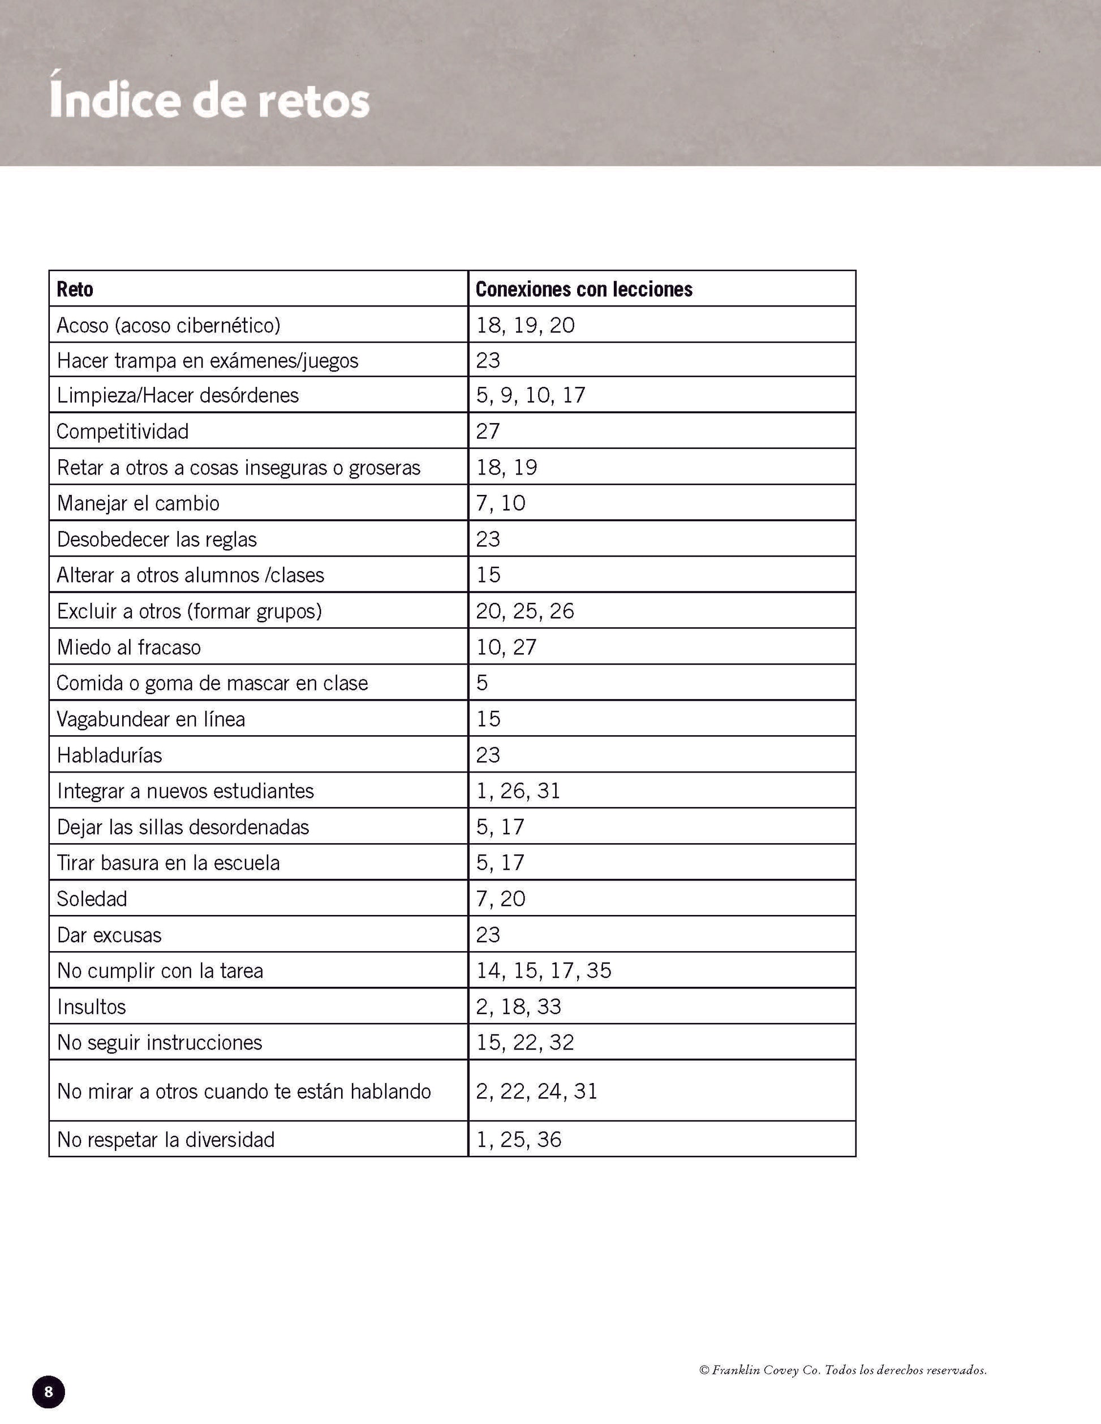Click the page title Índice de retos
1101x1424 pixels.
[x=209, y=101]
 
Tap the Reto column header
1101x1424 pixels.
[x=75, y=289]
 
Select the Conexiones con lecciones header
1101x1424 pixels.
[x=584, y=289]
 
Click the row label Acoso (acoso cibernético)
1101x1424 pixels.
[x=168, y=325]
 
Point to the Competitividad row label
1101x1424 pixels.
[x=123, y=431]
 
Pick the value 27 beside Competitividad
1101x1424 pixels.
[x=488, y=431]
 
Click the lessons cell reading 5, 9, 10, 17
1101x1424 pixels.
[x=530, y=395]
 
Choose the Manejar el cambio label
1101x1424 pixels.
[x=138, y=503]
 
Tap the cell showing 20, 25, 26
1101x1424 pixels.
[x=525, y=611]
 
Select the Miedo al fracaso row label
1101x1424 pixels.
[x=129, y=647]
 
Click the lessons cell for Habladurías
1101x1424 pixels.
[x=488, y=755]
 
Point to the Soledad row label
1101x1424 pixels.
[x=92, y=899]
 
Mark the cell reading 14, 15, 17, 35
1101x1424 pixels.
[x=543, y=970]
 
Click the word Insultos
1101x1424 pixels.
[x=91, y=1006]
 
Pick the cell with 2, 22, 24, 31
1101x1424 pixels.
[x=536, y=1091]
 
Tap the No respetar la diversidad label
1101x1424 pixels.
[x=166, y=1139]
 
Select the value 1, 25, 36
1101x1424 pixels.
[x=519, y=1139]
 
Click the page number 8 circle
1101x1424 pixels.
[x=48, y=1392]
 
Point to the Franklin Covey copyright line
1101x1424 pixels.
[x=842, y=1370]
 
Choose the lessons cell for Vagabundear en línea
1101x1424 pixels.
[x=488, y=719]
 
